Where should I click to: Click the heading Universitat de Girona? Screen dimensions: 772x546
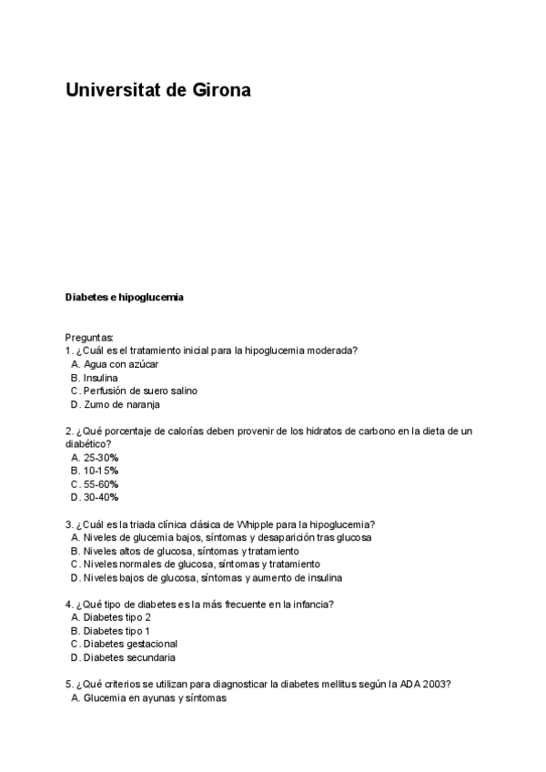point(157,91)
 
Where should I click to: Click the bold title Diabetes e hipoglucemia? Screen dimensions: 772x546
point(125,297)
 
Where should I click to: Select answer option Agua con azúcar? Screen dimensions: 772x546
point(120,364)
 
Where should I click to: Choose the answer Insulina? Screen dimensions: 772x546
point(99,377)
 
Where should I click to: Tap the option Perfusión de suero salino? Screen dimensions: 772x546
point(139,391)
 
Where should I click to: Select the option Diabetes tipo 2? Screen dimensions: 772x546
point(116,617)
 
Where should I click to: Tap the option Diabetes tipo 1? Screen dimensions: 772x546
point(116,630)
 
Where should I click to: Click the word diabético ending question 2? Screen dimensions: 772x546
point(87,443)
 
